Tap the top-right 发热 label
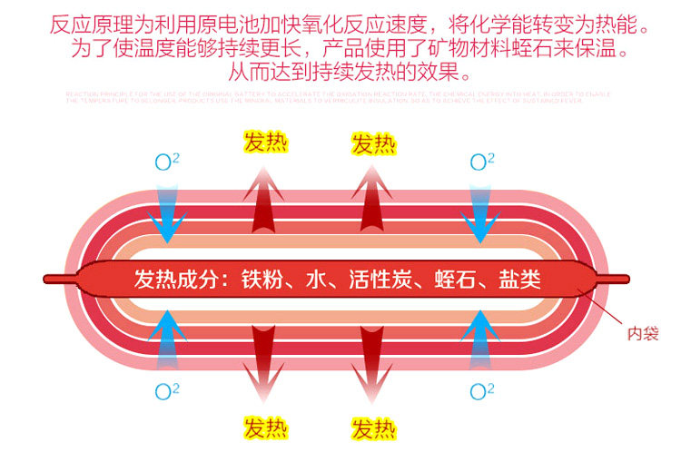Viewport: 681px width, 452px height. pos(373,142)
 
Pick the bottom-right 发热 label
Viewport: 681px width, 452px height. pos(373,427)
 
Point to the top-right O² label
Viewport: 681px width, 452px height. pos(481,162)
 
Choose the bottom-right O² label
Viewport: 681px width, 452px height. pos(481,391)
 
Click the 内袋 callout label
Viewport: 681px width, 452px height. pos(642,332)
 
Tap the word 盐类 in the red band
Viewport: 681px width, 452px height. pos(520,280)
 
